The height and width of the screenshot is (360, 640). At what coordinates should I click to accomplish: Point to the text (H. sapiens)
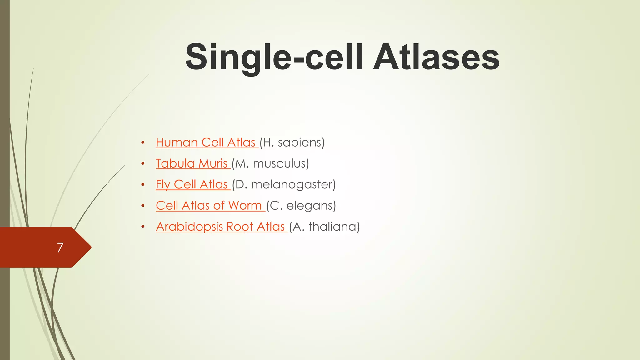tap(292, 142)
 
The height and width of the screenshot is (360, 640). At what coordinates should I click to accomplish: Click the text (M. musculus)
tap(270, 163)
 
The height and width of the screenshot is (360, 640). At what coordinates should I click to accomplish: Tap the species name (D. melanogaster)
tap(284, 184)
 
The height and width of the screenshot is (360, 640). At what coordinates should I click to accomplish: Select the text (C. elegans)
tap(301, 206)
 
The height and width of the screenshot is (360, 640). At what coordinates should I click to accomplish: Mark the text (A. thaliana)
tap(324, 227)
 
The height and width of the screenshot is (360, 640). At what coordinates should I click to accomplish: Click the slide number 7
tap(60, 247)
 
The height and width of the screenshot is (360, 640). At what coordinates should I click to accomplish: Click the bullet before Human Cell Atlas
tap(143, 143)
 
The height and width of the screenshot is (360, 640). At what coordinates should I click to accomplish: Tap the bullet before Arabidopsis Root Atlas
tap(143, 227)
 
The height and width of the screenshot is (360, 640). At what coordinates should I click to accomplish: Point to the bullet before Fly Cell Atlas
tap(143, 185)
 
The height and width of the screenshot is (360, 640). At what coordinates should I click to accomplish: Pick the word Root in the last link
tap(240, 227)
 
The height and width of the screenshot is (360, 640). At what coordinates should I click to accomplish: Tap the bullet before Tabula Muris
tap(143, 164)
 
